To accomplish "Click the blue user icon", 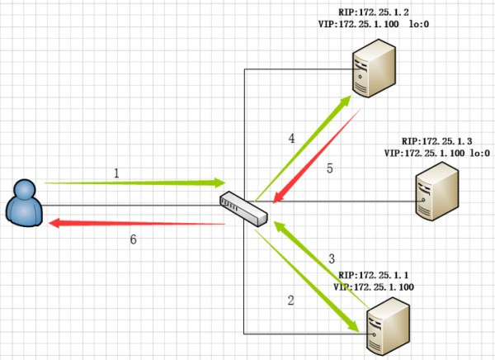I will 24,205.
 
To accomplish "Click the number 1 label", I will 116,173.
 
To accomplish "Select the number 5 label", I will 329,168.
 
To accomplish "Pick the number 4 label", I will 291,138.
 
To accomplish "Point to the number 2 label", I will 290,301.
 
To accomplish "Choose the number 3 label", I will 331,258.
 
